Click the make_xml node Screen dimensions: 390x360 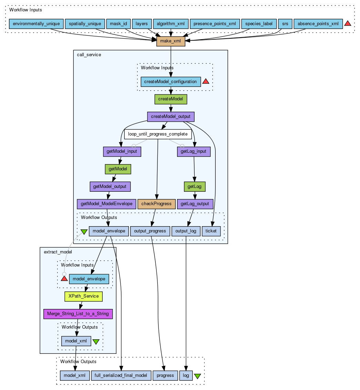(171, 41)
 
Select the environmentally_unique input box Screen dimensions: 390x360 (36, 24)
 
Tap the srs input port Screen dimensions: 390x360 (285, 24)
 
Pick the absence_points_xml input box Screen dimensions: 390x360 (318, 24)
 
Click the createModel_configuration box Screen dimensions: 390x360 (171, 82)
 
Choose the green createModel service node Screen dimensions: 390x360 (171, 99)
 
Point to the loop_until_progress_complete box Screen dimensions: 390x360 (158, 134)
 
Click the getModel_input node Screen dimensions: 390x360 (122, 151)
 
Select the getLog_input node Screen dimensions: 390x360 (194, 151)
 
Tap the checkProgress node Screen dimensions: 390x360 (156, 204)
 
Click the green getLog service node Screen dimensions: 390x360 (195, 187)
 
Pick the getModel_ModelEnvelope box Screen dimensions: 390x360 (106, 204)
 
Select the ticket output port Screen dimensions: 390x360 (211, 231)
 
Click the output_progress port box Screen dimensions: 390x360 (150, 231)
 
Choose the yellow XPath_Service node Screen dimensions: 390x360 (84, 296)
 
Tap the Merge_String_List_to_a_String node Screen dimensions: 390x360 (78, 313)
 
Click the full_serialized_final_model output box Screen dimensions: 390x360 (121, 375)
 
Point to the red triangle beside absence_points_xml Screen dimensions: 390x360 (348, 23)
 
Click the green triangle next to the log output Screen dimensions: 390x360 (197, 376)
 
